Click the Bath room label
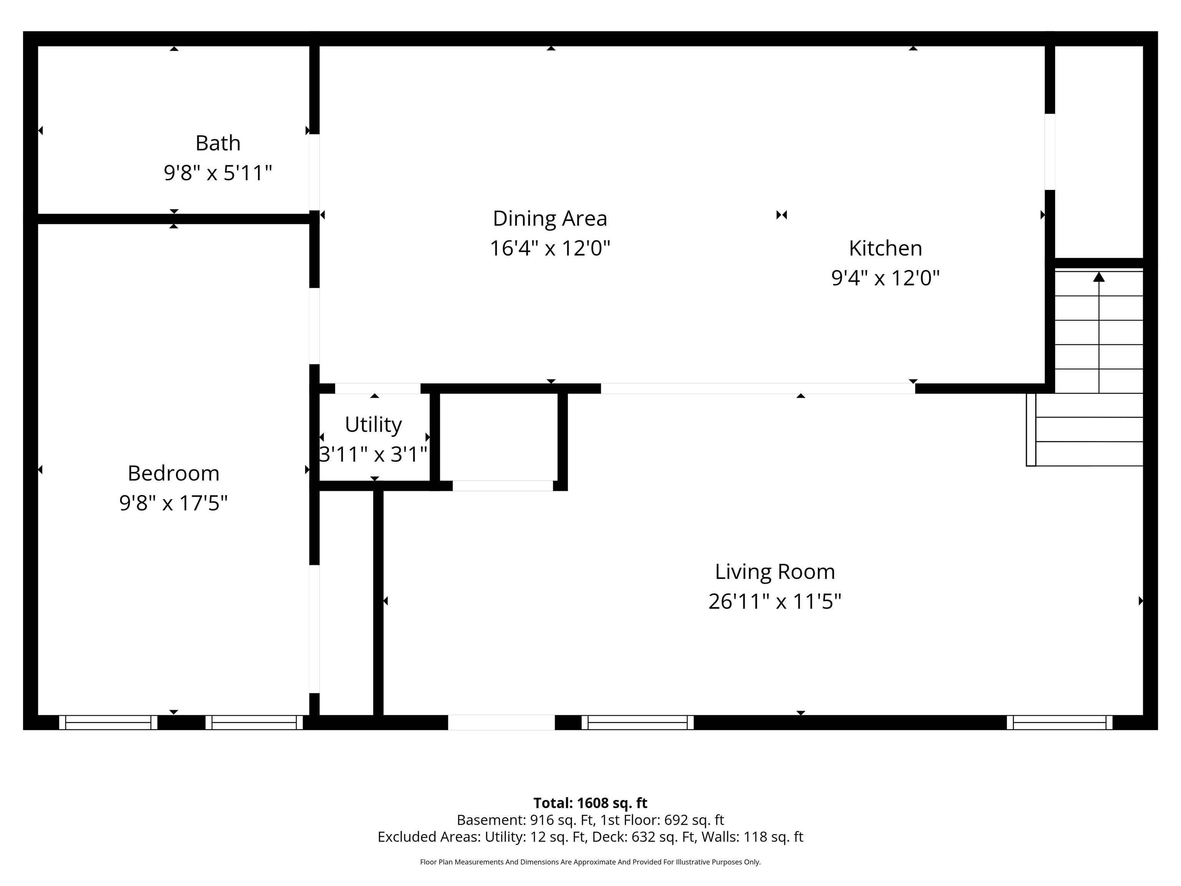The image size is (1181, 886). [218, 143]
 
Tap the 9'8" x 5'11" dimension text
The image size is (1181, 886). [218, 173]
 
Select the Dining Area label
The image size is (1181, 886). [550, 218]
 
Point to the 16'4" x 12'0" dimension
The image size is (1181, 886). [550, 248]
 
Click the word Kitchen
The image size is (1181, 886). [885, 248]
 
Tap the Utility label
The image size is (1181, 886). [373, 425]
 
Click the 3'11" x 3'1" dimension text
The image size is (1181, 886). [373, 455]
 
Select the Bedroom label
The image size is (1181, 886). [173, 473]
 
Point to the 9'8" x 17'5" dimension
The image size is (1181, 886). [173, 503]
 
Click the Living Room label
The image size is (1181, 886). [775, 572]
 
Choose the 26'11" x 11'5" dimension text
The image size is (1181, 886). [775, 602]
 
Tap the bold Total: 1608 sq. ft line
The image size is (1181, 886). [590, 803]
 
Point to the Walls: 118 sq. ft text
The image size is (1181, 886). [752, 837]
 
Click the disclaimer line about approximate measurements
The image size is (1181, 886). [590, 862]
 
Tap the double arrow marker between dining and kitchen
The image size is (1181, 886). [782, 215]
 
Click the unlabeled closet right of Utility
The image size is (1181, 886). [499, 437]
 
